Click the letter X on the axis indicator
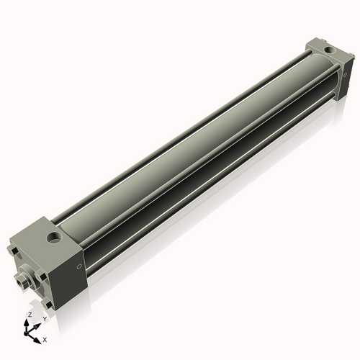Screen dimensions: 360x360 point(45,338)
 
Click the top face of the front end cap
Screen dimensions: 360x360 point(43,234)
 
